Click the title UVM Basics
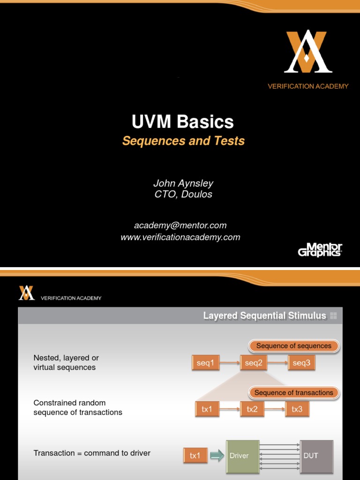pos(183,122)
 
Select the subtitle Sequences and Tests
pos(183,141)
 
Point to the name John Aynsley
pos(183,183)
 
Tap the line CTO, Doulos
pos(183,194)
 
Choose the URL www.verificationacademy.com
pos(180,237)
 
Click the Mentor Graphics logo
pos(320,249)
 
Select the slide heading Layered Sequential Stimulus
pos(264,315)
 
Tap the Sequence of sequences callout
pos(293,346)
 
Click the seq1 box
pos(205,363)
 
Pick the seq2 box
pos(254,363)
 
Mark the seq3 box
pos(301,363)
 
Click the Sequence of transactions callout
pos(293,393)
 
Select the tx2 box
pos(252,409)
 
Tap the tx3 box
pos(297,409)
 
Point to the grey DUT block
pos(316,456)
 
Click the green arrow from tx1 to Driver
pos(216,456)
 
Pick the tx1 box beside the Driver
pos(195,456)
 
